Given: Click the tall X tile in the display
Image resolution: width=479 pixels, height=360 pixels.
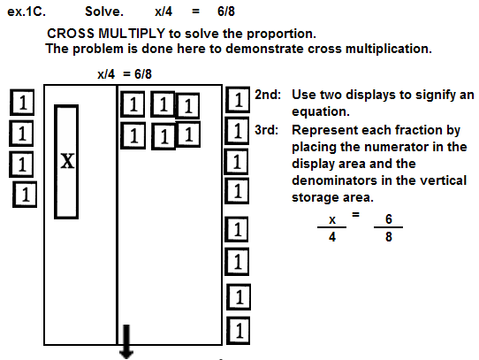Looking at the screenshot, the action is (66, 162).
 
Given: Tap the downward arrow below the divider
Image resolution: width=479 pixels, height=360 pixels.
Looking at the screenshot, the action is (126, 341).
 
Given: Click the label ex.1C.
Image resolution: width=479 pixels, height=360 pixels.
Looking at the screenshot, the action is (27, 11).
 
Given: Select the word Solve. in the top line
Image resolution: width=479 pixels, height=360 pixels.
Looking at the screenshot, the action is (104, 11).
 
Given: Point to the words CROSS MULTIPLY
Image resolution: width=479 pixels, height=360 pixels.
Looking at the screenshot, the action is (106, 34).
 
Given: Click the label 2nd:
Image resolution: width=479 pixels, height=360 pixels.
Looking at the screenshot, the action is (268, 95).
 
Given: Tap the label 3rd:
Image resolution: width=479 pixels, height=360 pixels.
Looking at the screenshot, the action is (267, 130).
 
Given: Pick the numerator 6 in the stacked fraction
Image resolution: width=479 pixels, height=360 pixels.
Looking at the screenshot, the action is (389, 219).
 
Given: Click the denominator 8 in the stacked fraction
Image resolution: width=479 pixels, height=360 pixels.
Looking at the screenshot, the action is (389, 237).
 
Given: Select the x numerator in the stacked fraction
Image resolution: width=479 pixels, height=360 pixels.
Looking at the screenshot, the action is (332, 220).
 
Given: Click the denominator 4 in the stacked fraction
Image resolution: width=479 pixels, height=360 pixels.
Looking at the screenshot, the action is (332, 237).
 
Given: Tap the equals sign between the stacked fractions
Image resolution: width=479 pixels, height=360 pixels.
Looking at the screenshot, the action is (355, 214).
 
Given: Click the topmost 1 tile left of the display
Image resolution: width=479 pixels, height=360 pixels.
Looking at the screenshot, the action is (22, 103).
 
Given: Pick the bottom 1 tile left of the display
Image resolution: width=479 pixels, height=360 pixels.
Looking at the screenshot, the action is (25, 195).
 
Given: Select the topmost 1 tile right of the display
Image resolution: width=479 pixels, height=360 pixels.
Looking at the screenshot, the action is (238, 100).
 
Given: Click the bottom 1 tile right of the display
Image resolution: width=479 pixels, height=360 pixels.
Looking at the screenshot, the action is (238, 331).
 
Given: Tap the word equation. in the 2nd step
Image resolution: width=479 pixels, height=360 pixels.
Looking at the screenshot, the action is (321, 111).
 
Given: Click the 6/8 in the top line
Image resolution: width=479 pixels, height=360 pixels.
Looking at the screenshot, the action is (226, 11).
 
